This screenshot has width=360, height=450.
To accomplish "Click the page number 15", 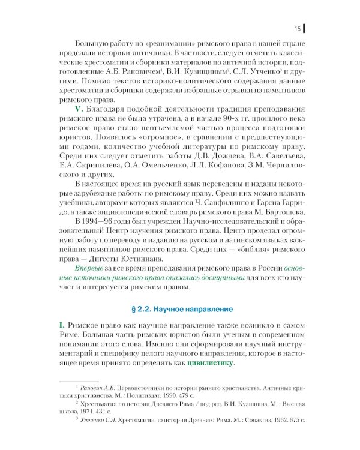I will (297, 28).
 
